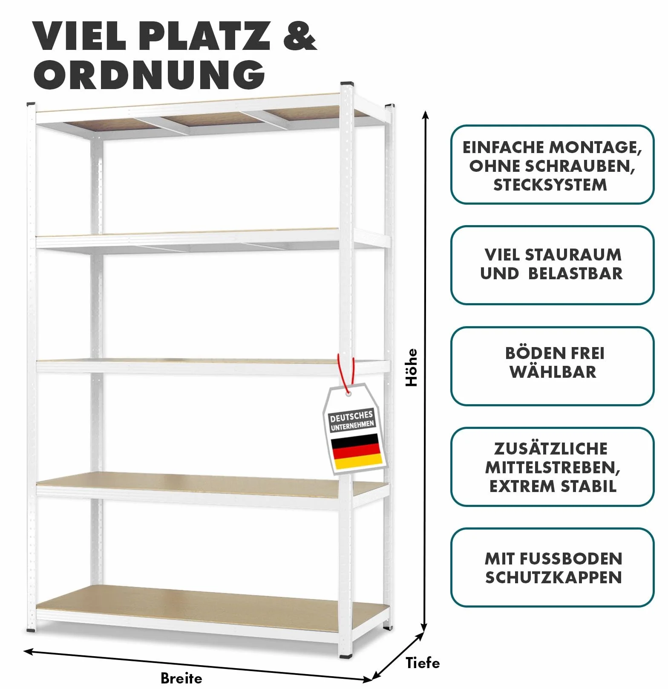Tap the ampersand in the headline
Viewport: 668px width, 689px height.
click(299, 36)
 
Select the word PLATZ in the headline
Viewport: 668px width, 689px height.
click(204, 36)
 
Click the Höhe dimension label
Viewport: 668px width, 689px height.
click(412, 368)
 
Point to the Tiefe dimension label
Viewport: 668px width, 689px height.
click(423, 663)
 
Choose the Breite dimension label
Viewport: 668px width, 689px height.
click(181, 678)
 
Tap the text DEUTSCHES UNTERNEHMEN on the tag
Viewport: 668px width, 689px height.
click(352, 420)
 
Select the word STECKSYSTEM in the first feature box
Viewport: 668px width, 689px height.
click(550, 185)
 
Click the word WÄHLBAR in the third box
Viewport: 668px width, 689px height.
click(553, 372)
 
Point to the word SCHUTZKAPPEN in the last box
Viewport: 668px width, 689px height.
click(553, 577)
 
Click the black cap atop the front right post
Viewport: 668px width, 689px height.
click(347, 84)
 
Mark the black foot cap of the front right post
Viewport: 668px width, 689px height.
click(346, 656)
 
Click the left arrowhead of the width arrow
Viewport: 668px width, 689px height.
click(28, 651)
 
